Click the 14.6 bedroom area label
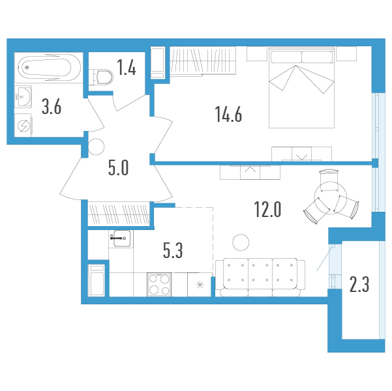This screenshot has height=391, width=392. [x=228, y=115]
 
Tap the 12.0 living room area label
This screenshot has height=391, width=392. [x=267, y=209]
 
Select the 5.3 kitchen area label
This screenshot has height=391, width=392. [x=173, y=250]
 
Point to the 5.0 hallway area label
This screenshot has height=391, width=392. [x=119, y=167]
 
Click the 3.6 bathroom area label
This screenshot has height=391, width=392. [x=52, y=107]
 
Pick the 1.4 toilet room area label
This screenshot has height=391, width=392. [x=127, y=68]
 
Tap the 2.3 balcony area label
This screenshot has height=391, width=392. [x=359, y=285]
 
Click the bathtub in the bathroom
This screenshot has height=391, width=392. [x=48, y=68]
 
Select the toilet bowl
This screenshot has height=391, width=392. [x=101, y=77]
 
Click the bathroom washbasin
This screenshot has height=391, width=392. [x=23, y=96]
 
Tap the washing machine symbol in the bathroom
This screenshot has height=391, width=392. [x=23, y=125]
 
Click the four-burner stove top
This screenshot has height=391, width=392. [x=159, y=284]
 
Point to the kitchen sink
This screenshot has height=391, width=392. [x=121, y=239]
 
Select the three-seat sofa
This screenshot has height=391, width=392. [x=260, y=278]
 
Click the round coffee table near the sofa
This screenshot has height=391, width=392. [x=241, y=242]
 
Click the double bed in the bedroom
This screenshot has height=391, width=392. [x=302, y=87]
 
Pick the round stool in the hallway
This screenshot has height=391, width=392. [x=97, y=147]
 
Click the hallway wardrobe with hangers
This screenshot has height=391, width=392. [x=119, y=214]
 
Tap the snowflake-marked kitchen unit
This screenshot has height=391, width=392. [x=200, y=285]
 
